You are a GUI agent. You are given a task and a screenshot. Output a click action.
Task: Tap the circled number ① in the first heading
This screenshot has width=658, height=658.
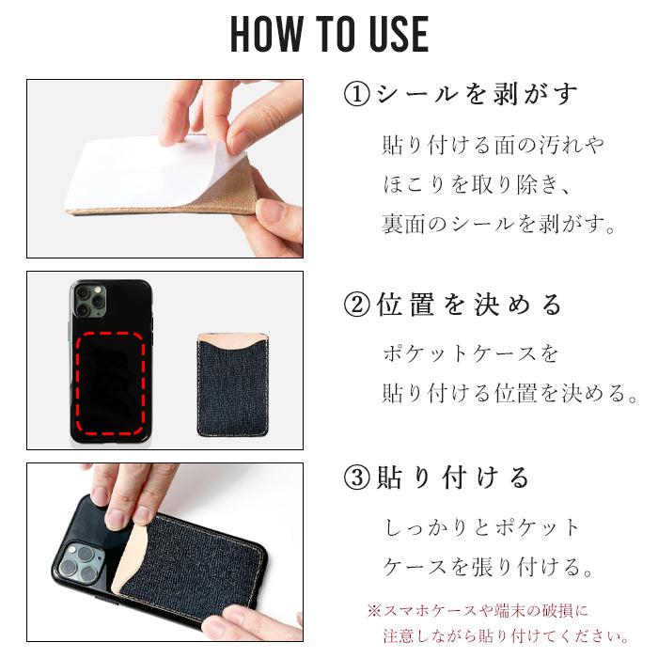pos(356,94)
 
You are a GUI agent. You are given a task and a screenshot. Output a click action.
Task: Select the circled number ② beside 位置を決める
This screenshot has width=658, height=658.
pos(356,305)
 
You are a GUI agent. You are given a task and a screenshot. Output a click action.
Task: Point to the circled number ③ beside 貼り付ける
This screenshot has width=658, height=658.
pos(356,478)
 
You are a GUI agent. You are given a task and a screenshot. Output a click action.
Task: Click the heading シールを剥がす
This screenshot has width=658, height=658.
pos(478,94)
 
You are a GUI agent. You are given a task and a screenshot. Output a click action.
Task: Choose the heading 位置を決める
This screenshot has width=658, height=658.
pos(469,305)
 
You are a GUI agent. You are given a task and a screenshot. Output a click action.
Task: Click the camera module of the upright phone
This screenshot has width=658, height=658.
pos(90,300)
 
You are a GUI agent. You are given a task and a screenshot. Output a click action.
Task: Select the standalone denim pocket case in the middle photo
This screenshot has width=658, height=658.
pos(232,384)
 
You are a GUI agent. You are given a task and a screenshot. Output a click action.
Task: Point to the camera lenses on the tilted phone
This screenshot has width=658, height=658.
pos(78,562)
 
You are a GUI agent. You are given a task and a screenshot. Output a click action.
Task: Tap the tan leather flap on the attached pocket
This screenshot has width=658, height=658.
pos(132,558)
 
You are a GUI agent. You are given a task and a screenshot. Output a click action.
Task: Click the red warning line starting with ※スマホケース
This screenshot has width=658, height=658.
pos(478,611)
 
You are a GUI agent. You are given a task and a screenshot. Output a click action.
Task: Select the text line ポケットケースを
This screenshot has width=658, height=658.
pos(470,353)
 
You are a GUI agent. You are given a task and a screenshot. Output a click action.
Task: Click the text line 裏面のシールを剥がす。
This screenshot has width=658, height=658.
pos(498,224)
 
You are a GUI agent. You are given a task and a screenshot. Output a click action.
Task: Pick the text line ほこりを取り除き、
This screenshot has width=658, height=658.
pos(477,184)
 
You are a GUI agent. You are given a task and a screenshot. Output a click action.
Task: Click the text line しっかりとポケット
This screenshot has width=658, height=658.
pos(481,527)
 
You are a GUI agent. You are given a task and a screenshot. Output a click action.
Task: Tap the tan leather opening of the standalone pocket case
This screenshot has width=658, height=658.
pos(232,340)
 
